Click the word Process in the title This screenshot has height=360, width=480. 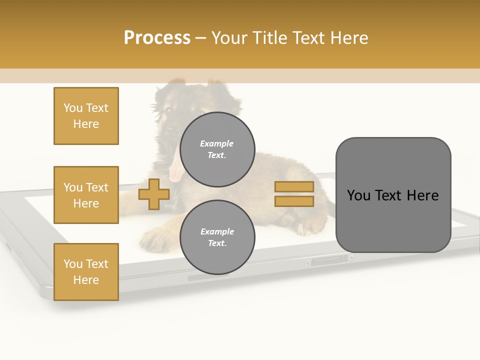coord(157,38)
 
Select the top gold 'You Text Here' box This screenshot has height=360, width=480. coord(86,116)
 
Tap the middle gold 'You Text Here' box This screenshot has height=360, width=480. coord(86,195)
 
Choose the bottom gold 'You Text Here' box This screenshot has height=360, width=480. coord(86,271)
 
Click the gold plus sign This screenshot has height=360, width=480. coord(153,194)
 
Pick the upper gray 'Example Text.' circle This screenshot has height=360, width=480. coord(217,149)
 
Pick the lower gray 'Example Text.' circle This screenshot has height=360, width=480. coord(217,237)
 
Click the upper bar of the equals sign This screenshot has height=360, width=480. coord(294,187)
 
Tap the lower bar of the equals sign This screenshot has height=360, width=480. coord(294,201)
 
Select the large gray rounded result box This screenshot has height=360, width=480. coord(393,195)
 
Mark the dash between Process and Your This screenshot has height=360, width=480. coord(201,38)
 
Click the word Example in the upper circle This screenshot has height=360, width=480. coord(217,143)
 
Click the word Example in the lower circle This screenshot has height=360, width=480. coord(217,231)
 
